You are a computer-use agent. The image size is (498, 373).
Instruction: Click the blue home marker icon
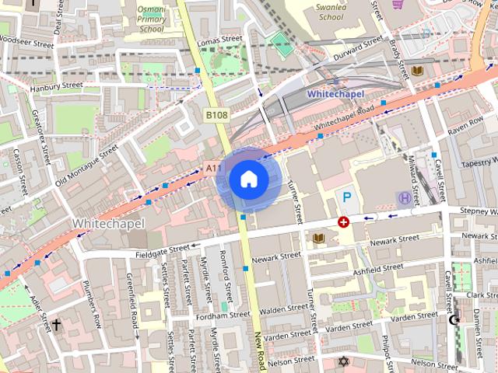(248, 180)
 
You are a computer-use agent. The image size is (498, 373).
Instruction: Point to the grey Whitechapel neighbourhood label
(108, 223)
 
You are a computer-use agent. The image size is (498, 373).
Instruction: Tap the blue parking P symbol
(347, 198)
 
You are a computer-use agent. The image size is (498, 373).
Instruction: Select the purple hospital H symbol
(403, 198)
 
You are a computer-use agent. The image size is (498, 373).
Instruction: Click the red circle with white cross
(343, 221)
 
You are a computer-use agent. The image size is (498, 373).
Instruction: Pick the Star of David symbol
(343, 361)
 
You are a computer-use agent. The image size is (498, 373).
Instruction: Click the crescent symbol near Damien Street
(455, 319)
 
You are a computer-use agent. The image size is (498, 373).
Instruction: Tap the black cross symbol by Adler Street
(55, 325)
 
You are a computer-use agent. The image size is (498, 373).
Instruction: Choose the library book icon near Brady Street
(419, 71)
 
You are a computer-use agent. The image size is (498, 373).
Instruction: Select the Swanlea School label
(331, 11)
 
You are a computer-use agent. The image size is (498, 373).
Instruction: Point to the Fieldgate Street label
(162, 249)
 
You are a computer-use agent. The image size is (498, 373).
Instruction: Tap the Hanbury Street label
(56, 86)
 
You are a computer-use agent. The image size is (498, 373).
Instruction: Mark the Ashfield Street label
(377, 267)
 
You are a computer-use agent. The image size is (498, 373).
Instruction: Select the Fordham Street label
(224, 315)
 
